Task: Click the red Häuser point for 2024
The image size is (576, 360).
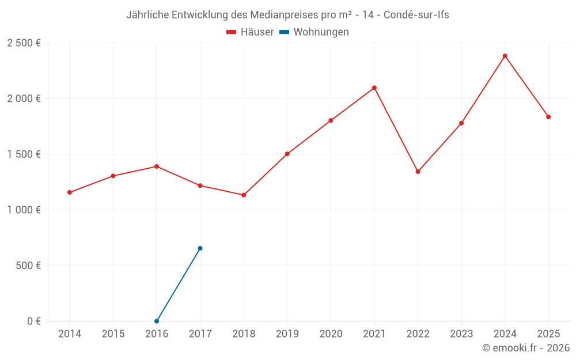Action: point(505,56)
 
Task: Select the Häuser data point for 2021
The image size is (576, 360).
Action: point(374,88)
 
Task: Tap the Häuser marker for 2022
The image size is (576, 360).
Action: point(418,172)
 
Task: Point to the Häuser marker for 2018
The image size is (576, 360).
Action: point(244,195)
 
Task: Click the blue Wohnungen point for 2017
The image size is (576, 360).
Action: point(200,248)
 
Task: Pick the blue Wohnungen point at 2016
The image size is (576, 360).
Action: point(157,321)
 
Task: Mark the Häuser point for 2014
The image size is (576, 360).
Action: point(69,192)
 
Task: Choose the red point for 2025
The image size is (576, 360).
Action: point(548,117)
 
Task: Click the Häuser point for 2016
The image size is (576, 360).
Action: point(157,166)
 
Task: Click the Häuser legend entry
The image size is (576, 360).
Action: point(250,32)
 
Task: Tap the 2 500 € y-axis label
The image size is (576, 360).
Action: point(24,43)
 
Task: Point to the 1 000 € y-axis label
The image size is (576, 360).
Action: point(24,210)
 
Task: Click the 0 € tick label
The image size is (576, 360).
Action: point(34,321)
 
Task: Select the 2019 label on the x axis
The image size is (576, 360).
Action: point(287,334)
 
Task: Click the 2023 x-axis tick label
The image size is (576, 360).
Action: point(461,334)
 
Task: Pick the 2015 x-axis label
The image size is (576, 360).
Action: point(113,334)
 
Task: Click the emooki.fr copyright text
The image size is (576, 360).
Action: point(525,347)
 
